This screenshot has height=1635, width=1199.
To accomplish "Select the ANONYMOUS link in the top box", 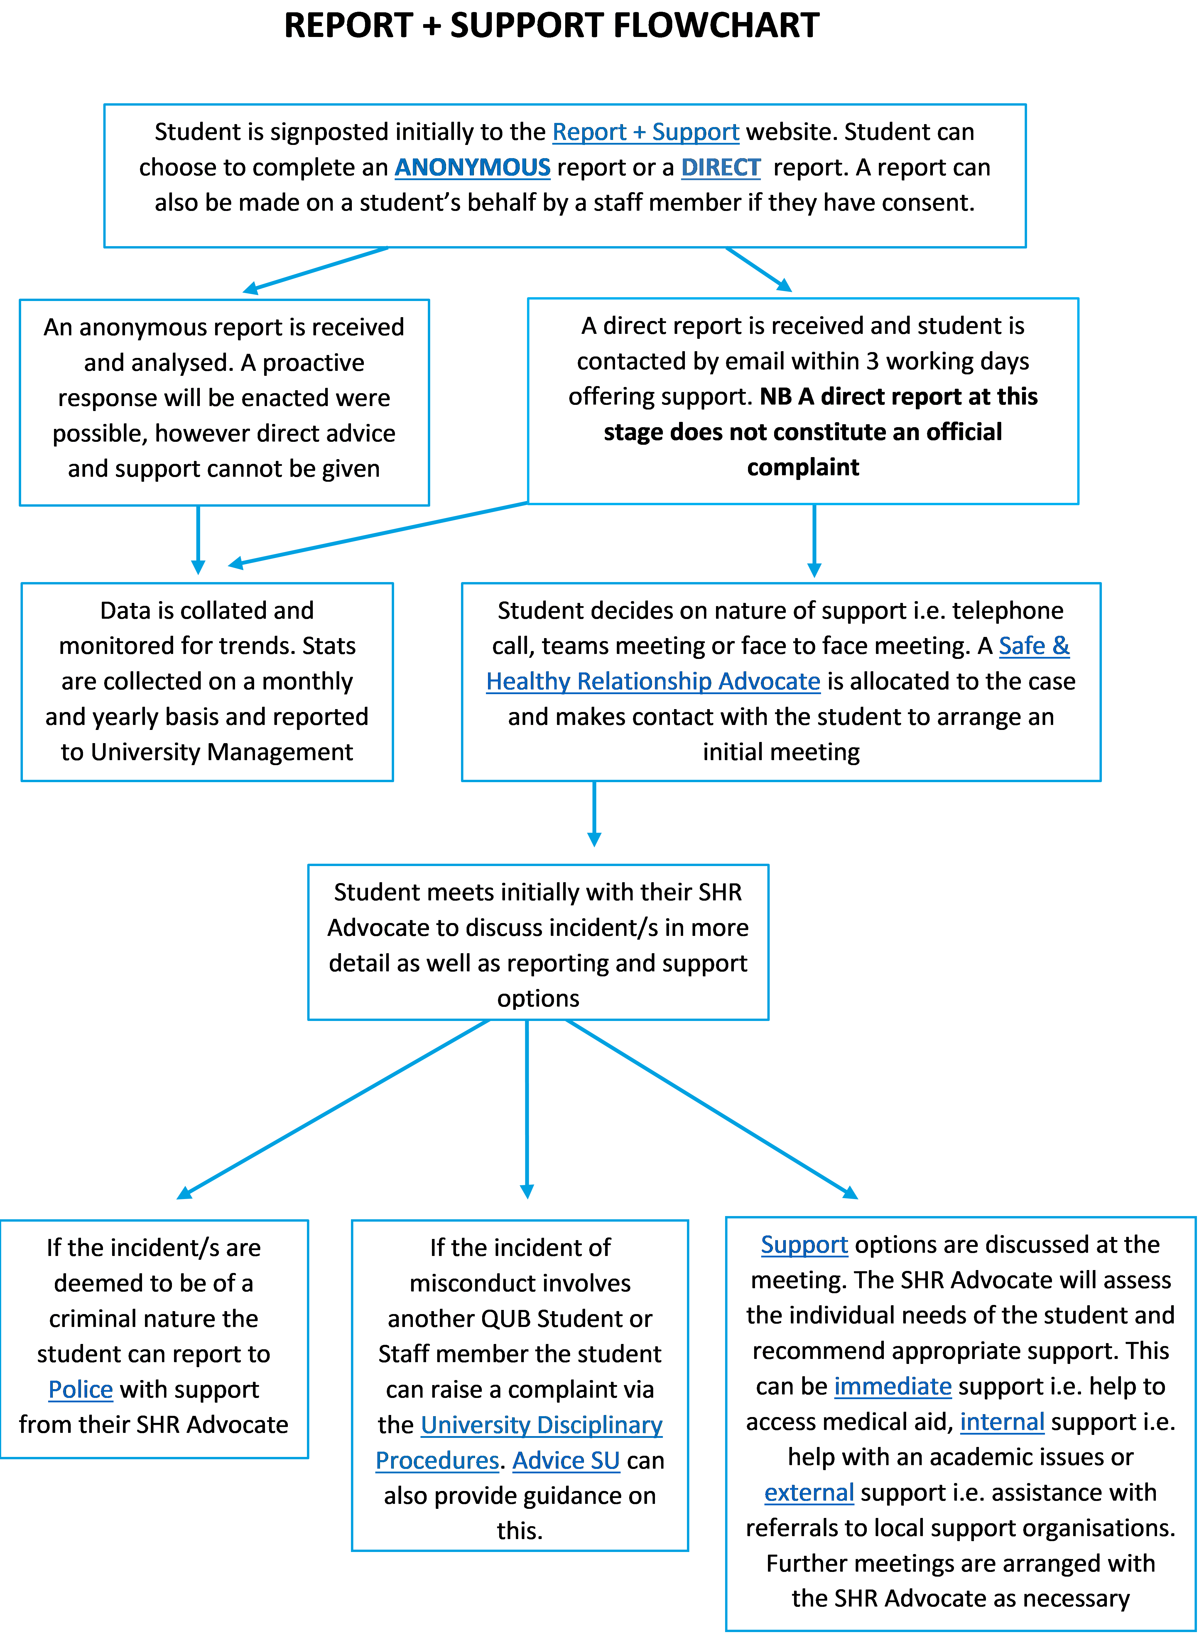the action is (472, 168).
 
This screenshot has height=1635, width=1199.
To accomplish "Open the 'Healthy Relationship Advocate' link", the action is (653, 682).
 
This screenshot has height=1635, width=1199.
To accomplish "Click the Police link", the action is (81, 1390).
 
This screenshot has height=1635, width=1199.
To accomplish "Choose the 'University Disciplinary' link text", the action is (541, 1425).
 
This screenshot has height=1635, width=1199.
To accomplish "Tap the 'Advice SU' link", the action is (566, 1461).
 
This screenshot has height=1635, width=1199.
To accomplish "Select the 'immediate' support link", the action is (893, 1387).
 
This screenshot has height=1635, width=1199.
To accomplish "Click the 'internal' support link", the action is (1002, 1422).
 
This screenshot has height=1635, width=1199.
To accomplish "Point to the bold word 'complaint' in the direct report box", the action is (803, 467).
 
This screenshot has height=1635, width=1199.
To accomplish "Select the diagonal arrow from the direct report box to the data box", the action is (377, 533).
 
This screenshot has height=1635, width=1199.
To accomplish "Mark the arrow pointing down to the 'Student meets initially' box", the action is (595, 814).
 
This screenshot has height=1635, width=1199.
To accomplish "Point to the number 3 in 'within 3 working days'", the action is (872, 361).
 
